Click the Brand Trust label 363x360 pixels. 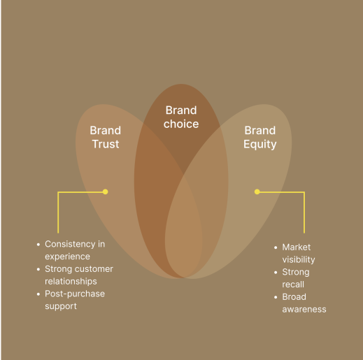pos(106,137)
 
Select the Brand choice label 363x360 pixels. pos(181,117)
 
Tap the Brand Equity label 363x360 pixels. pos(260,138)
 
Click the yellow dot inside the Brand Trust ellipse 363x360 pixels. pos(106,192)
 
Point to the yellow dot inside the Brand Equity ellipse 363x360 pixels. pos(257,192)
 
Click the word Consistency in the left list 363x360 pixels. pos(70,244)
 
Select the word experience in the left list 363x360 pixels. pos(67,257)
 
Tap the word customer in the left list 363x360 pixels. pos(94,269)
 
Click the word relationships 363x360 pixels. pos(71,281)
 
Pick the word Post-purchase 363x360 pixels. pos(75,294)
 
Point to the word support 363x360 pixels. pos(61,306)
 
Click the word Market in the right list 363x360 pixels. pos(297,247)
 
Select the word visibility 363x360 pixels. pos(299,259)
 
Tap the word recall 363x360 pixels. pos(293,285)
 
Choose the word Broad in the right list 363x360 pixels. pos(294,297)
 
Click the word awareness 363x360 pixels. pos(304,310)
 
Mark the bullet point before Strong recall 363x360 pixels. pos(276,272)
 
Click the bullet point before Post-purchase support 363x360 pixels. pos(38,294)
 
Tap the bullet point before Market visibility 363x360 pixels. pos(276,247)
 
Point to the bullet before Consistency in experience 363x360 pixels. pos(38,244)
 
